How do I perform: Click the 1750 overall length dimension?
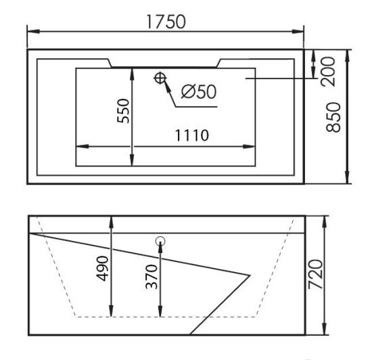pyautogui.click(x=166, y=22)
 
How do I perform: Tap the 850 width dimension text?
pyautogui.click(x=333, y=117)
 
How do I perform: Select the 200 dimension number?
pyautogui.click(x=328, y=72)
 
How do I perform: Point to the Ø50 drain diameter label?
pyautogui.click(x=199, y=91)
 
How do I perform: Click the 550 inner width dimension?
pyautogui.click(x=123, y=111)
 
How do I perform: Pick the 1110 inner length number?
pyautogui.click(x=192, y=135)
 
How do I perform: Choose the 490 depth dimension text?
pyautogui.click(x=103, y=269)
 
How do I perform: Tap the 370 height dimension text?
pyautogui.click(x=152, y=277)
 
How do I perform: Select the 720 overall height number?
pyautogui.click(x=316, y=274)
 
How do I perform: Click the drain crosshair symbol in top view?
pyautogui.click(x=160, y=78)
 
